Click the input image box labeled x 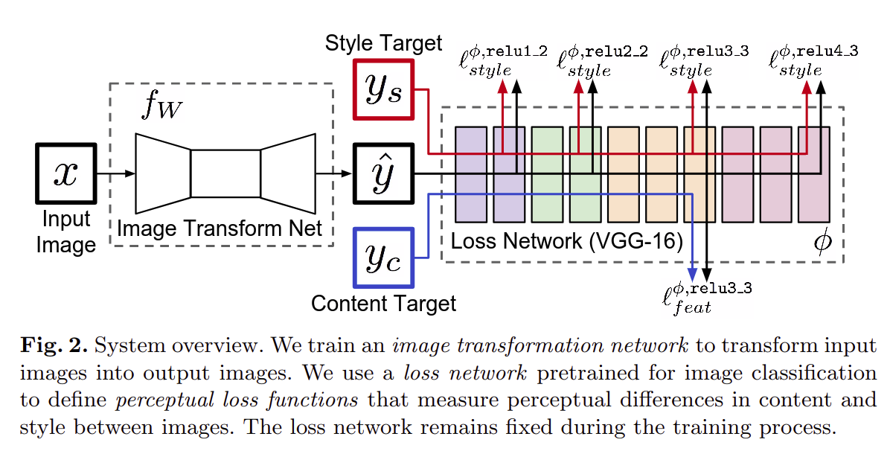[65, 173]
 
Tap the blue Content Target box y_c [384, 257]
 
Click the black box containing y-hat [384, 173]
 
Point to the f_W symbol [161, 109]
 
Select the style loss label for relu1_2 [503, 61]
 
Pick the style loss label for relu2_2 [601, 61]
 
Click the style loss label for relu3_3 [703, 61]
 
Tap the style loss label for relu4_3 [813, 61]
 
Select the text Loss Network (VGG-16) [567, 241]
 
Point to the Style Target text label [383, 43]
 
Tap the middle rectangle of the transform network [225, 173]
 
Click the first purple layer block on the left [470, 173]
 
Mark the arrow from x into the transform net [115, 174]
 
